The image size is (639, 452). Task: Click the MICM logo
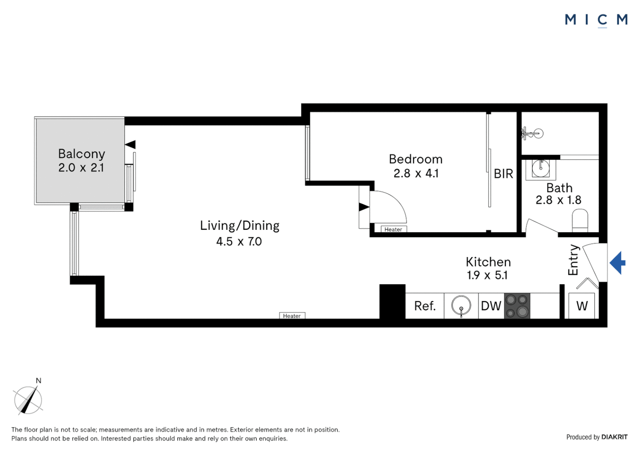coord(596,20)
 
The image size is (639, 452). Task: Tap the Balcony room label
coord(82,154)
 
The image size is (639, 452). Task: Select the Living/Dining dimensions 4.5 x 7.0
coord(239,241)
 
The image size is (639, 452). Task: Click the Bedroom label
coord(415,159)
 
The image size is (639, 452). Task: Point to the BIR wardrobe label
coord(503,174)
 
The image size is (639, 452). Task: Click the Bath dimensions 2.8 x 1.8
coord(558,200)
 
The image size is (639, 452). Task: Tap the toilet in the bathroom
coord(580,220)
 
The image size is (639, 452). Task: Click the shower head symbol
coord(533,134)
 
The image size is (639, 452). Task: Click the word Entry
coord(573,260)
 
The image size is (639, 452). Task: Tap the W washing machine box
coord(582,306)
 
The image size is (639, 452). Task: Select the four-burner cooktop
coord(517,306)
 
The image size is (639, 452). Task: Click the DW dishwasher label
coord(491,306)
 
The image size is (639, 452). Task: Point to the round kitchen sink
coord(461,306)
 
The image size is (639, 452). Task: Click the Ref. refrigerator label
coord(424,306)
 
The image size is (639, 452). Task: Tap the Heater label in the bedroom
coord(393,229)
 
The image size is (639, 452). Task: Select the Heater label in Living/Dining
coord(292,316)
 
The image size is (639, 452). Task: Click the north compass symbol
coord(28,400)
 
